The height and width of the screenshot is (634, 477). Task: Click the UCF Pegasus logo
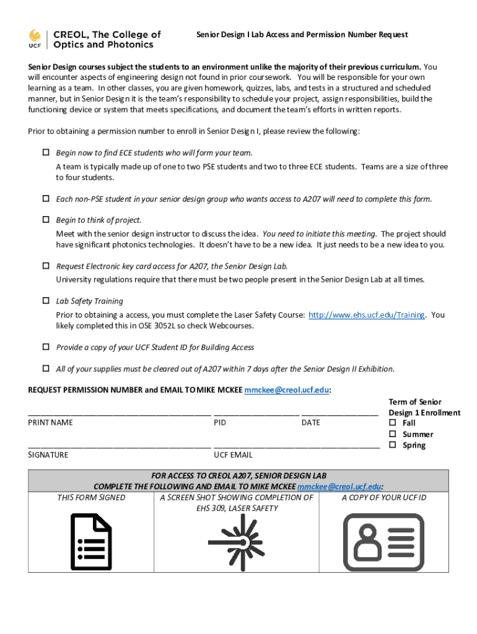coord(35,37)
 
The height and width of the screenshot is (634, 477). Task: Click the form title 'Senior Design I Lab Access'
coord(302,35)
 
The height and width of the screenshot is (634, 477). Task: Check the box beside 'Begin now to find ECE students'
coord(45,152)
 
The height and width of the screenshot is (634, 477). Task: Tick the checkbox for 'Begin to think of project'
coord(45,220)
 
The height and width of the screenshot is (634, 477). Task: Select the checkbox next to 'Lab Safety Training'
coord(45,301)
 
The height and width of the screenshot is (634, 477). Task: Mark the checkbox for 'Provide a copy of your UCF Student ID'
coord(45,347)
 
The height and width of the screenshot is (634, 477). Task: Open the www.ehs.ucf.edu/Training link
coord(366,315)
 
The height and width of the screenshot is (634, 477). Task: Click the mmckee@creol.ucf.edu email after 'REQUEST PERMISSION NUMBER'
coord(286,390)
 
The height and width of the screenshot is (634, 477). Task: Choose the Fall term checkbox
coord(392,423)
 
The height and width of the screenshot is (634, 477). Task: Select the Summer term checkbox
coord(392,434)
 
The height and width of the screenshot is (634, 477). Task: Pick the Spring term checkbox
coord(392,445)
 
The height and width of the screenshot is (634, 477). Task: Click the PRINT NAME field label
coord(50,422)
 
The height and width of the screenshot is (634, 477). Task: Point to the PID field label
coord(220,422)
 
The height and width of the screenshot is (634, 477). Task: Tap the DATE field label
coord(311,422)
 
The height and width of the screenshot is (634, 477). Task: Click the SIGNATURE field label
coord(48,454)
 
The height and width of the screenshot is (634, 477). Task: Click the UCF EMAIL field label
coord(233,454)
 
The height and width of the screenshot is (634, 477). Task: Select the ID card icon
coord(385,542)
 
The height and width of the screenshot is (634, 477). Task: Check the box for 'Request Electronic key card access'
coord(45,266)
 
